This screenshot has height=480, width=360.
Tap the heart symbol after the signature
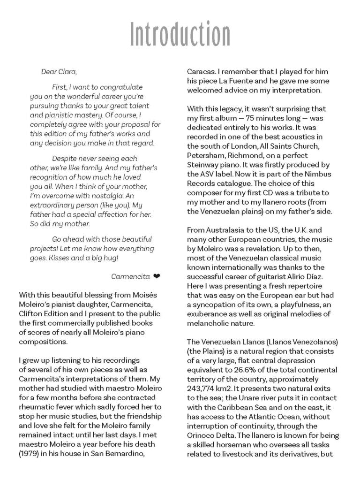pyautogui.click(x=156, y=276)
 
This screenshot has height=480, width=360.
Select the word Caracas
pyautogui.click(x=202, y=73)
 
